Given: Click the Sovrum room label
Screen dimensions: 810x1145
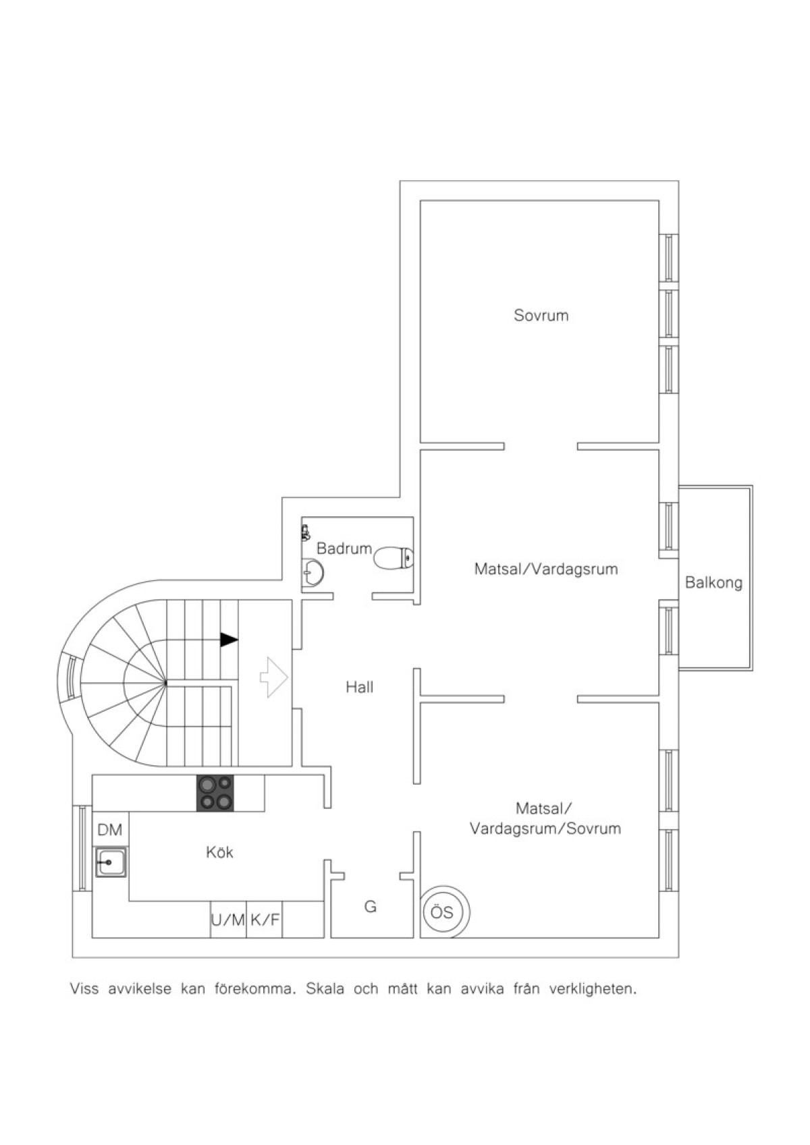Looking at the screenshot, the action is (541, 315).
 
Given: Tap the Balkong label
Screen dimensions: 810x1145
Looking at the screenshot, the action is (713, 583).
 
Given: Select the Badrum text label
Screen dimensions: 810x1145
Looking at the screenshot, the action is (344, 549).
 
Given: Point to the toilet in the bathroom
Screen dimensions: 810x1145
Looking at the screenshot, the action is (394, 558).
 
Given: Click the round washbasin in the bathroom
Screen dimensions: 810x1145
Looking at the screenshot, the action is (313, 572).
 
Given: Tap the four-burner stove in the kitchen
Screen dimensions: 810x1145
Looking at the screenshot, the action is (215, 793).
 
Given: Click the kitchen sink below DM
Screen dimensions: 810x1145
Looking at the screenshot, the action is (111, 862).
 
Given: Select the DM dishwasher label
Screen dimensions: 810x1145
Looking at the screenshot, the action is (110, 830).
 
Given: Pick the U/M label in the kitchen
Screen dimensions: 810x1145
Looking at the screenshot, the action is (228, 920).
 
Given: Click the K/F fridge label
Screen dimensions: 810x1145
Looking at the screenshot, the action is (265, 920).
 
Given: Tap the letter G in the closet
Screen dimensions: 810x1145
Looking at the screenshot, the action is (370, 906).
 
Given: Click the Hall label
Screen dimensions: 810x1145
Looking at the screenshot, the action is (360, 687).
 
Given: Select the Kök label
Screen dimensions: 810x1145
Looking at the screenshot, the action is (219, 852).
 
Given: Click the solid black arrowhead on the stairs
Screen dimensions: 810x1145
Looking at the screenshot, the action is (229, 640).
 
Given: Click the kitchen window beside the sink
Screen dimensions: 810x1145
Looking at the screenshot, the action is (82, 848).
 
